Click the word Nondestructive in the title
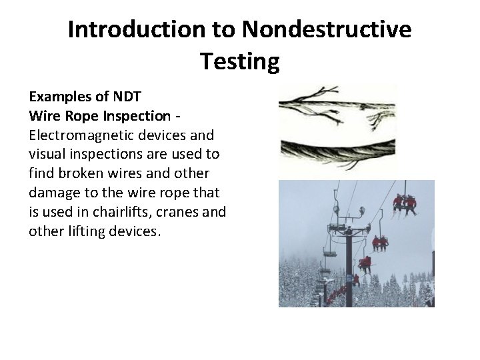[327, 30]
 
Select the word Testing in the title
[239, 61]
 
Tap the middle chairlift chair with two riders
[380, 243]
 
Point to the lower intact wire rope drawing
[337, 149]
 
